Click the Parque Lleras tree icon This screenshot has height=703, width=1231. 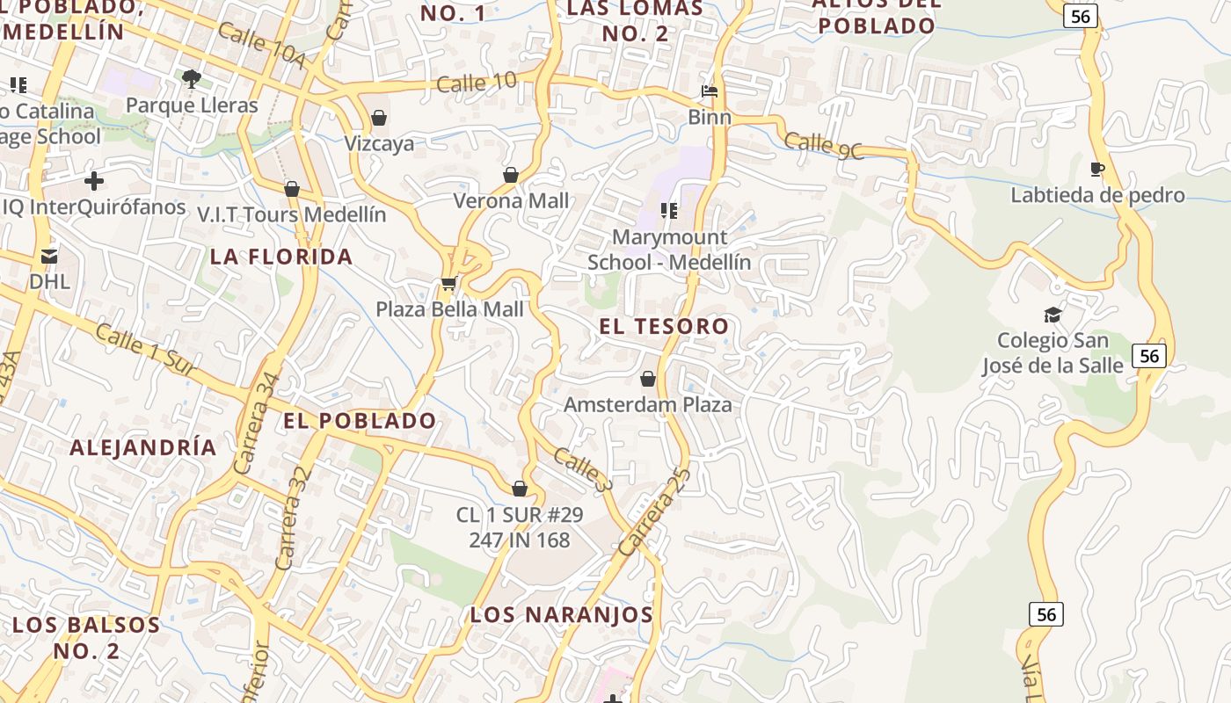point(191,79)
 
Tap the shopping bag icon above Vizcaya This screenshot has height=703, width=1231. point(379,118)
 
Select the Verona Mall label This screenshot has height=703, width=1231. point(511,201)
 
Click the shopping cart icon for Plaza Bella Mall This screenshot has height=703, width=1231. point(448,283)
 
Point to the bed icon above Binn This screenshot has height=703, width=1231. point(710,91)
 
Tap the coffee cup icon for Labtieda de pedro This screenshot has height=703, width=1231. point(1096,169)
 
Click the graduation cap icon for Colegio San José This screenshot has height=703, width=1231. point(1053,315)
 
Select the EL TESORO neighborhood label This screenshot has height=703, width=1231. point(664,326)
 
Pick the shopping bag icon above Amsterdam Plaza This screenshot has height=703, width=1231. point(648,379)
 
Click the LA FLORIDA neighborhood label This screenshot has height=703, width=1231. point(281,257)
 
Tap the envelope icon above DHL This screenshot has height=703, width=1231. point(49,257)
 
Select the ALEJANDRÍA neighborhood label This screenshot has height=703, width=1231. point(142,447)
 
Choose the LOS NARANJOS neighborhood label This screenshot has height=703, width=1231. point(561,614)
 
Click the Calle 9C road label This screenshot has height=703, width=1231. point(823,146)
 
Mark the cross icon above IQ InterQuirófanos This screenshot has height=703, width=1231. point(93,182)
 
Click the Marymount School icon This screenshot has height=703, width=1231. point(669,211)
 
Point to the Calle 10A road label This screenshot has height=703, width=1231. point(261,47)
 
